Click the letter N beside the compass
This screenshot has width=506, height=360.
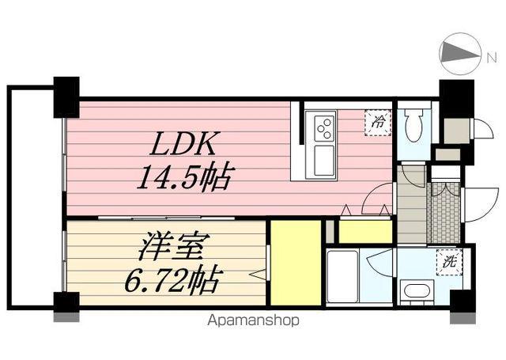click(491, 55)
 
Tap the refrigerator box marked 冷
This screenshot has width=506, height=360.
click(378, 123)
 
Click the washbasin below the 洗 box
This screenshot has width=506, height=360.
click(416, 290)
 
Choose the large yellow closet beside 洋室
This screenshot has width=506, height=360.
click(296, 262)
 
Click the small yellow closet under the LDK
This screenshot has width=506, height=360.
click(364, 231)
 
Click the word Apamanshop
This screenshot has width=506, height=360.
click(253, 321)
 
